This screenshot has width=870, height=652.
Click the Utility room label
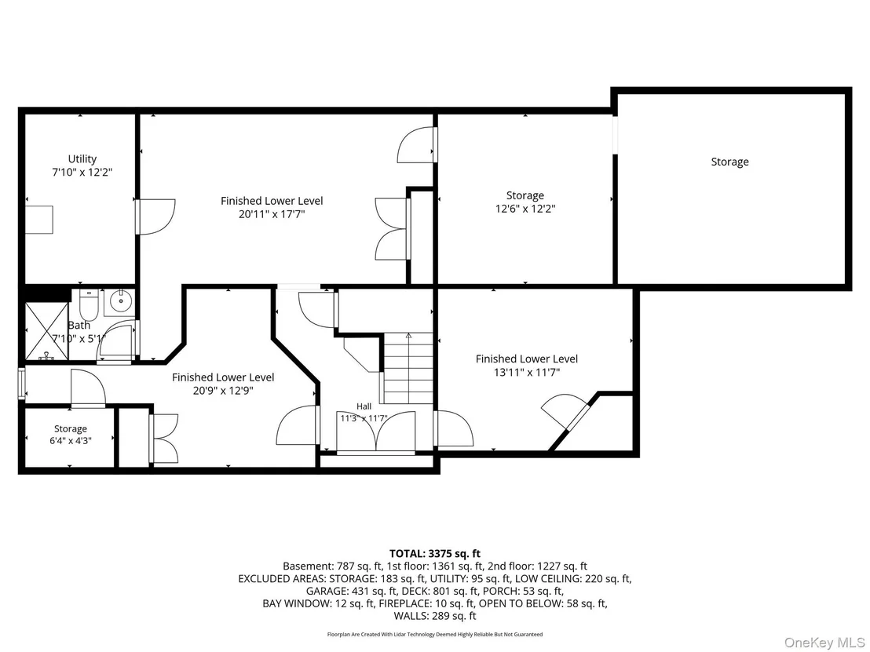coord(82,159)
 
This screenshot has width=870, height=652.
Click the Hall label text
coord(364,406)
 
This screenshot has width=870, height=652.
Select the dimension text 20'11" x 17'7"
coord(272,214)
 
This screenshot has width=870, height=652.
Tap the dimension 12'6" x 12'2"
coord(525,209)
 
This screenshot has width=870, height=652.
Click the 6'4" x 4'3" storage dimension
coord(71,441)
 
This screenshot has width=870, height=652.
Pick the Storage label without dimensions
coord(729,162)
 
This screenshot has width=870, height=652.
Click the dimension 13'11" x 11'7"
coord(527,373)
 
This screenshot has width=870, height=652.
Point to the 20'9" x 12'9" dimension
coord(223,391)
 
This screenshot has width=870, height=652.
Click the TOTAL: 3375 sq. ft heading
coord(435,553)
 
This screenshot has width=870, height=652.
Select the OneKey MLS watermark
coord(824,643)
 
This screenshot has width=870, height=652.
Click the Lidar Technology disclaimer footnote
coord(435,634)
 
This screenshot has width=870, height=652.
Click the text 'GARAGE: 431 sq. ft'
coord(352,591)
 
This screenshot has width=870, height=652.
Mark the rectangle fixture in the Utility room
coord(39,220)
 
